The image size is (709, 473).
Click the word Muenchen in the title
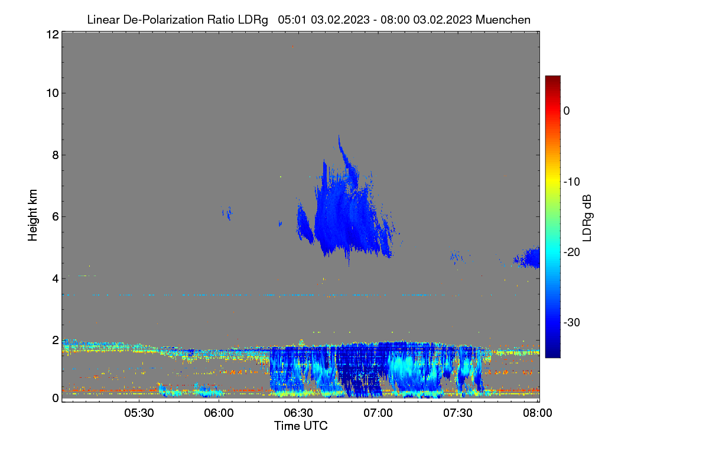(x=503, y=20)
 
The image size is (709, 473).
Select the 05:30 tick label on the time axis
(x=139, y=413)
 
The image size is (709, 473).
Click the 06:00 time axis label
(x=219, y=413)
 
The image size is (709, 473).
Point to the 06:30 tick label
(x=298, y=413)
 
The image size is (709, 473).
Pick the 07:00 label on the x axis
(x=378, y=413)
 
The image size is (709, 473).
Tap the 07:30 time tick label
(x=458, y=413)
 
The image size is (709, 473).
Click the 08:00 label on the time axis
(x=538, y=413)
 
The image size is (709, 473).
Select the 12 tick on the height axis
(x=53, y=34)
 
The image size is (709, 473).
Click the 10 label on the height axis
(x=53, y=93)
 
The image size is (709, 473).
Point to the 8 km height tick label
(x=56, y=155)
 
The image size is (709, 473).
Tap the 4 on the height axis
(x=56, y=279)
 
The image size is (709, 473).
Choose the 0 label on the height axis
(x=56, y=398)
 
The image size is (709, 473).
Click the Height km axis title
(x=32, y=215)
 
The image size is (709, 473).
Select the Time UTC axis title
(x=301, y=426)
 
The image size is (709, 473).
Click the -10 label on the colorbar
(x=572, y=182)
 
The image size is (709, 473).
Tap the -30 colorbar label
(x=572, y=322)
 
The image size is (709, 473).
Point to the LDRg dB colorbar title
(x=587, y=218)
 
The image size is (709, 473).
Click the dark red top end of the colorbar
(x=552, y=77)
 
